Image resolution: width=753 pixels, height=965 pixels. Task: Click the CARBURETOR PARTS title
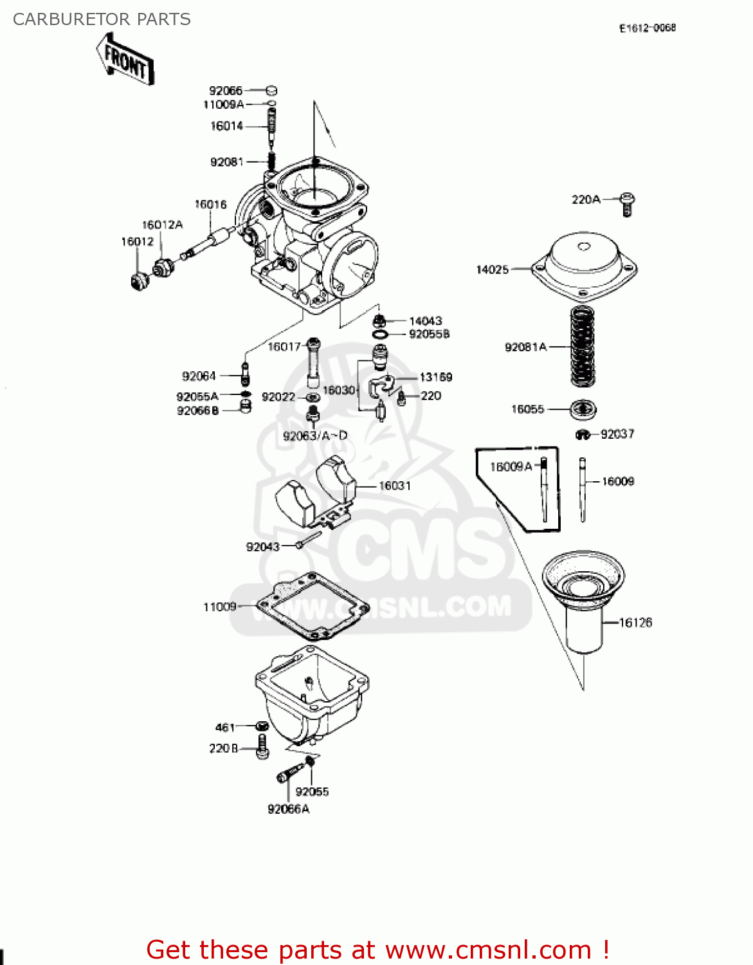(102, 19)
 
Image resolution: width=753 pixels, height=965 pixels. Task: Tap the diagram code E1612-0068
(647, 28)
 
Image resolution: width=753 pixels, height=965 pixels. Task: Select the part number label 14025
(492, 270)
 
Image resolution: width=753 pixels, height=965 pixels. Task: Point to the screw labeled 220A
(628, 203)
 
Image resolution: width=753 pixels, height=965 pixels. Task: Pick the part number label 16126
(635, 622)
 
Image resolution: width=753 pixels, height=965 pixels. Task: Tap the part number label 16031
(394, 486)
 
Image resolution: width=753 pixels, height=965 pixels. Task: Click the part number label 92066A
(288, 809)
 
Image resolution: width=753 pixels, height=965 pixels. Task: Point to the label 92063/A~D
(315, 436)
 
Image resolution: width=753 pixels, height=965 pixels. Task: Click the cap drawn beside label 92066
(271, 91)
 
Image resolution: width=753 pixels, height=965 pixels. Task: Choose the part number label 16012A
(162, 225)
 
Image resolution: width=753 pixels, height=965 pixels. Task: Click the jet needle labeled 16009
(583, 489)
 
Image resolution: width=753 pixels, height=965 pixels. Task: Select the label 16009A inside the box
(511, 466)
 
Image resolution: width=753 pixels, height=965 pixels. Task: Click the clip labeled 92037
(582, 435)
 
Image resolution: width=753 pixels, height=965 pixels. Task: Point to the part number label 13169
(435, 377)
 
